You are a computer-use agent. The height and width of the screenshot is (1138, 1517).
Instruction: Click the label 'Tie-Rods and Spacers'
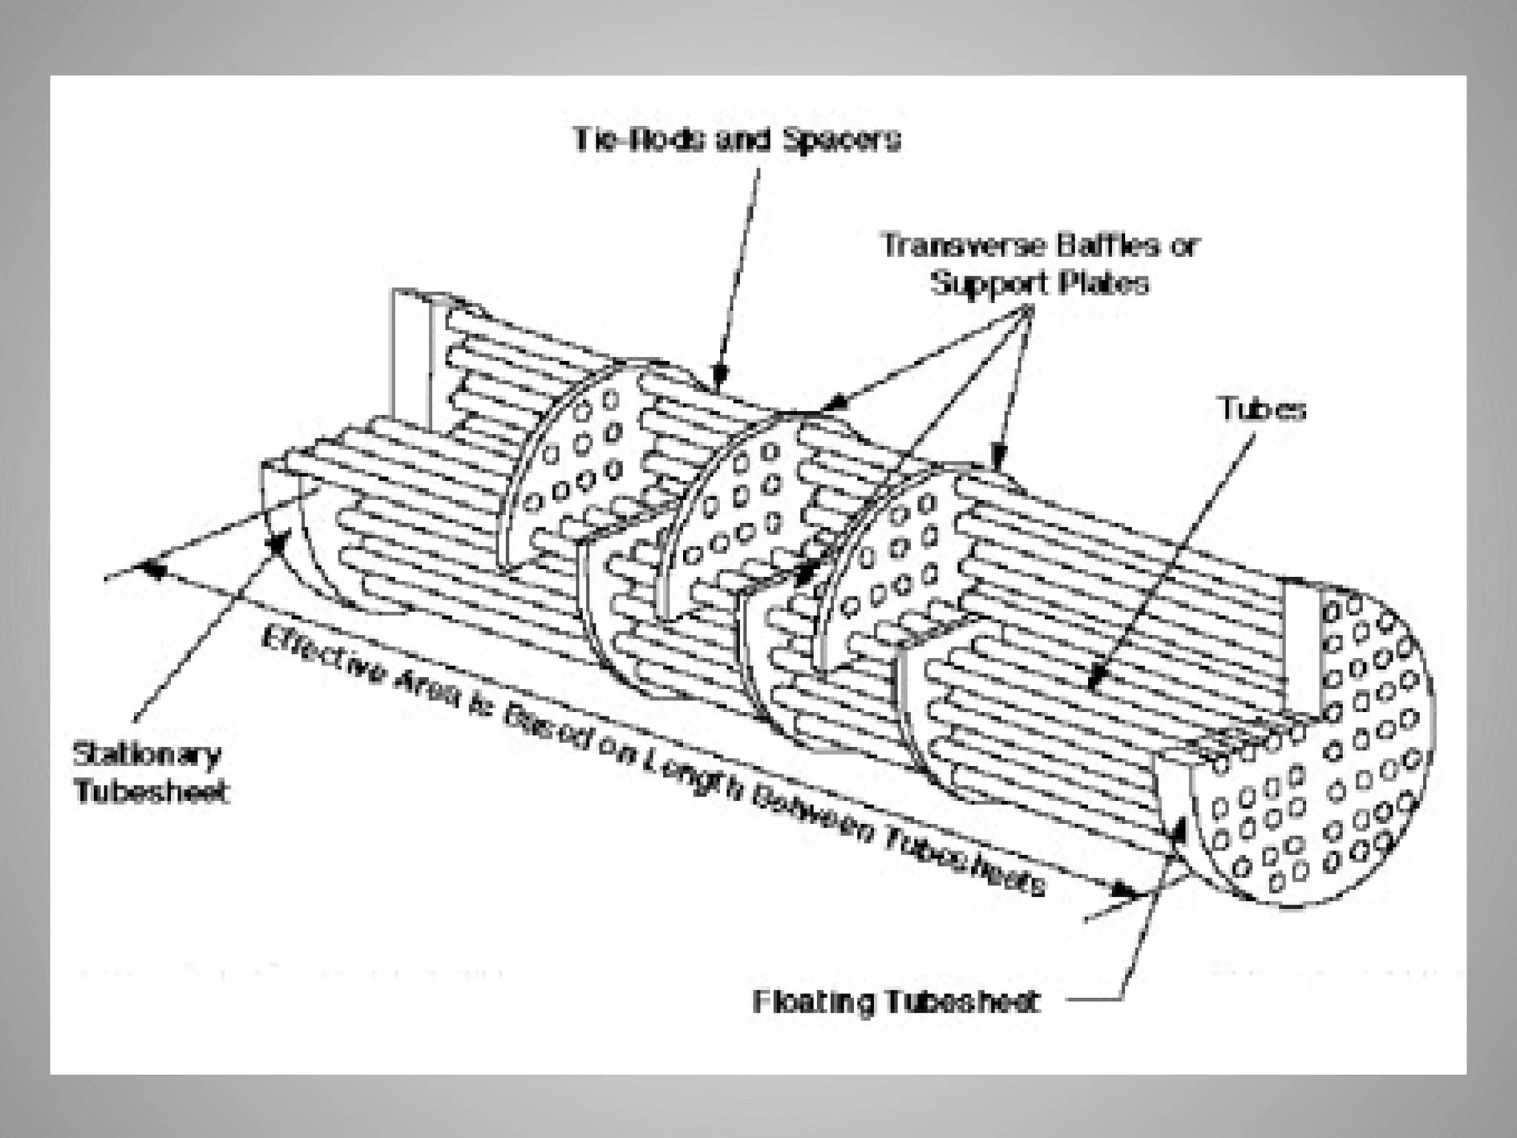tap(736, 140)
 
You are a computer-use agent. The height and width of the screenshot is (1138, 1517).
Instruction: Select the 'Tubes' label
tap(1262, 409)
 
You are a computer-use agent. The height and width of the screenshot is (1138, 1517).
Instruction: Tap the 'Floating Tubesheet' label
tap(896, 1002)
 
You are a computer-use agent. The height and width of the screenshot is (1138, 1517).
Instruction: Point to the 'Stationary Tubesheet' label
tap(149, 773)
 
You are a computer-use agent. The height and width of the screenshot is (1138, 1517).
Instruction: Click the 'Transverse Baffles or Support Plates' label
tap(1038, 264)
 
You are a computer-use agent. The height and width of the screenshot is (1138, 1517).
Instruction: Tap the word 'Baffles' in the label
tap(1108, 245)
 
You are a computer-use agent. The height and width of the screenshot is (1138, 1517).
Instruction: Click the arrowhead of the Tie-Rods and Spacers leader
tap(719, 378)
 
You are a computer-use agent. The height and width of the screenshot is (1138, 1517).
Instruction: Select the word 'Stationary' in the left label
tap(147, 755)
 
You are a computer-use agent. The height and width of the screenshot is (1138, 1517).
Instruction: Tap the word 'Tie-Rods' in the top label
tap(640, 140)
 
